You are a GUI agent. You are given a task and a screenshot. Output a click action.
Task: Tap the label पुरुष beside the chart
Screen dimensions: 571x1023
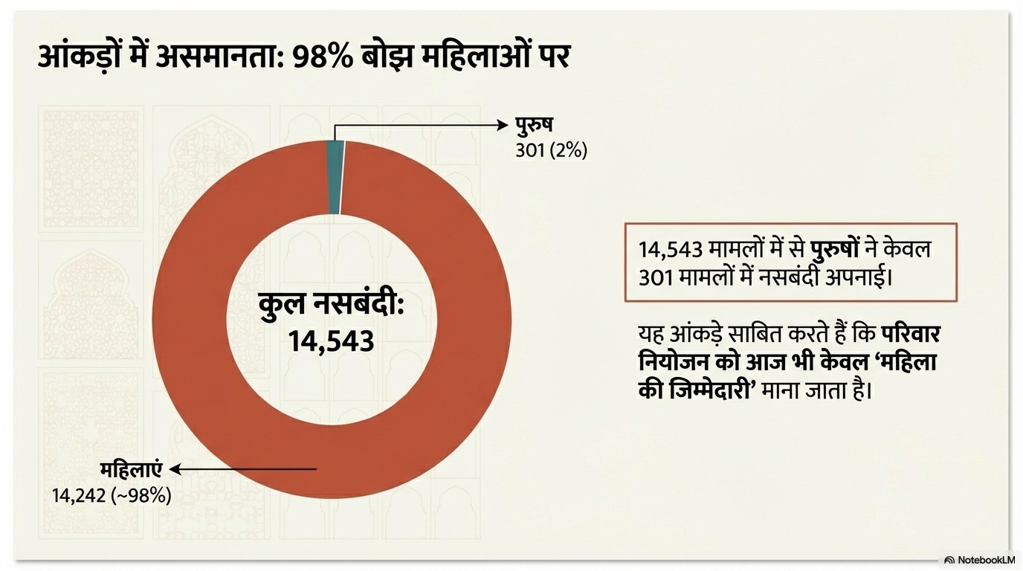534,125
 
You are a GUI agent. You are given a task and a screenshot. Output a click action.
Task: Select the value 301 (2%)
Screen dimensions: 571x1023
551,150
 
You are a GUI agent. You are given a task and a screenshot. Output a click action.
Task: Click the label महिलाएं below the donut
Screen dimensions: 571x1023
132,470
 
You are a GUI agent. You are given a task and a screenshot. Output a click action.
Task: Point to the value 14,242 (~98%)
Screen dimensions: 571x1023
112,495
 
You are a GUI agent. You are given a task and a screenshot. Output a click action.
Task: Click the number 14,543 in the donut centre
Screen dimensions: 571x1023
331,341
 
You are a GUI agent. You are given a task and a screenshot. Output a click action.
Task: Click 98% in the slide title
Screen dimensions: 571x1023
322,57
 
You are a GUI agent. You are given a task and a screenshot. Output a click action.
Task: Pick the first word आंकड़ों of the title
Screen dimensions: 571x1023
82,57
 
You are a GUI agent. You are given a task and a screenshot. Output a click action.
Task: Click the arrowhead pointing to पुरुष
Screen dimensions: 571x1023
503,125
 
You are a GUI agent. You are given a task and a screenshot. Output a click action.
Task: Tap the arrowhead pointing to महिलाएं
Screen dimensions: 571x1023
176,469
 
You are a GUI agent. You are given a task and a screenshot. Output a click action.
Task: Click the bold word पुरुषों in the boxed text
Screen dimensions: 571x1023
834,249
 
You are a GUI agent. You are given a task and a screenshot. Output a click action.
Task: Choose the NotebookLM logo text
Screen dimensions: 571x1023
986,560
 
